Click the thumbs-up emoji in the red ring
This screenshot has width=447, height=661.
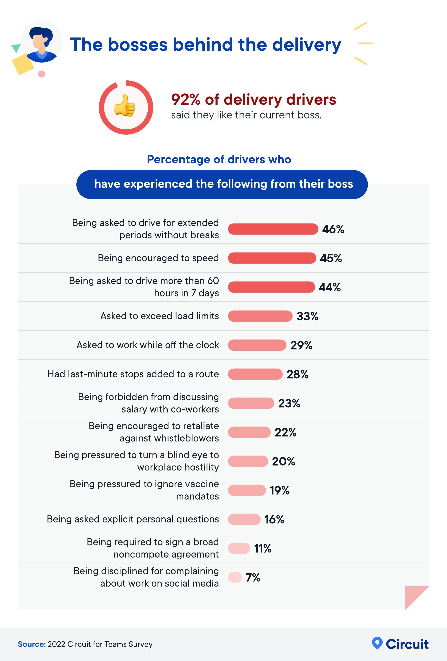(125, 106)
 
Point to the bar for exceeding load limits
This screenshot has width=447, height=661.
(260, 316)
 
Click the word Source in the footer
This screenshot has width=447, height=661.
(32, 644)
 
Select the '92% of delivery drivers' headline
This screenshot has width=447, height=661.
(253, 100)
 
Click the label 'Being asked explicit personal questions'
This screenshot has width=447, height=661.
(133, 519)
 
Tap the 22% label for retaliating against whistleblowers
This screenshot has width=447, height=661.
(285, 432)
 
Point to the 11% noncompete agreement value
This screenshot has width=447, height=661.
(262, 548)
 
